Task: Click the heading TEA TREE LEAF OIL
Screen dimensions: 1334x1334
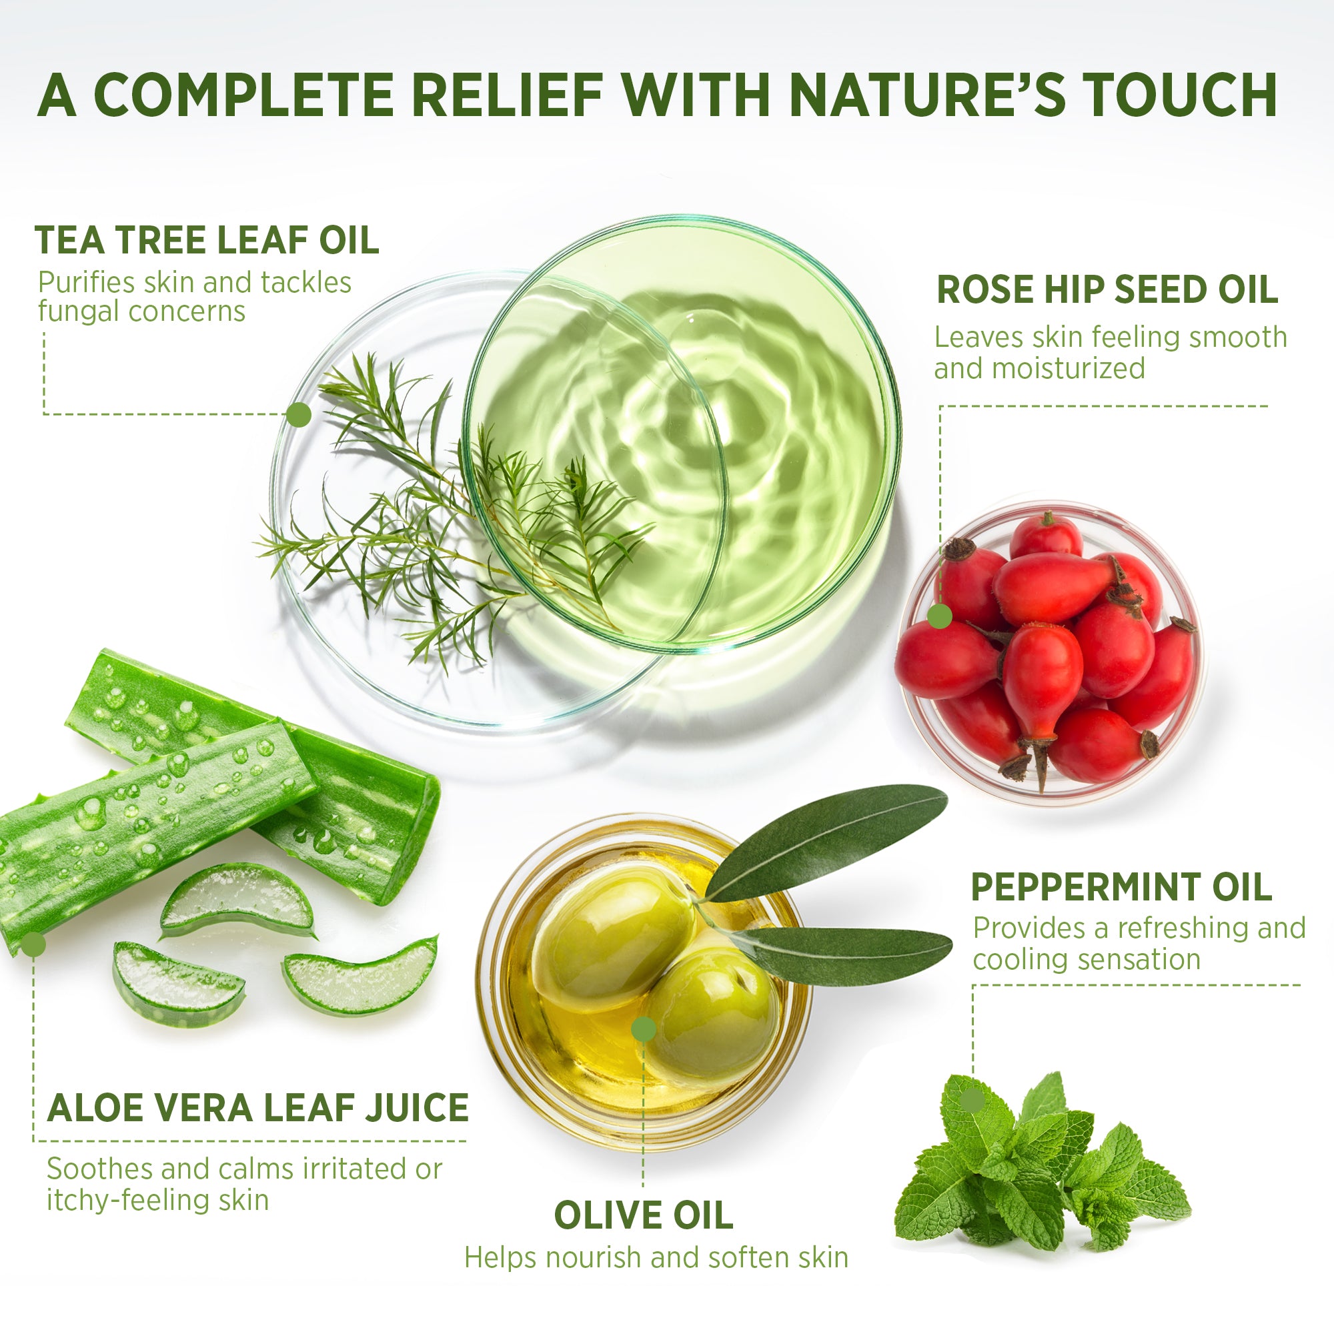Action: pyautogui.click(x=207, y=240)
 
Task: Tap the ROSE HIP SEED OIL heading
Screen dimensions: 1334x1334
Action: pyautogui.click(x=1107, y=289)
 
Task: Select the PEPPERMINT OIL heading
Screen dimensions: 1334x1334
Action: pyautogui.click(x=1121, y=887)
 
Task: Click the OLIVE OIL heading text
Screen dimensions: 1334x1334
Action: pyautogui.click(x=643, y=1216)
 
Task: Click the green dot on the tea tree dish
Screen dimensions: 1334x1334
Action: pyautogui.click(x=299, y=414)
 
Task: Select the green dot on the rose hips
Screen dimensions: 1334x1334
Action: pyautogui.click(x=939, y=616)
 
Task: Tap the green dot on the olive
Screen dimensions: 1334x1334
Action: pyautogui.click(x=643, y=1029)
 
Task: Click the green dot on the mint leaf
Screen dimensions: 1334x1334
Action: pyautogui.click(x=972, y=1101)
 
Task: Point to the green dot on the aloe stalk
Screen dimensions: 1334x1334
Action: pyautogui.click(x=33, y=945)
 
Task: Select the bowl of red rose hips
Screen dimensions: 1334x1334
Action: pyautogui.click(x=1049, y=652)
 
